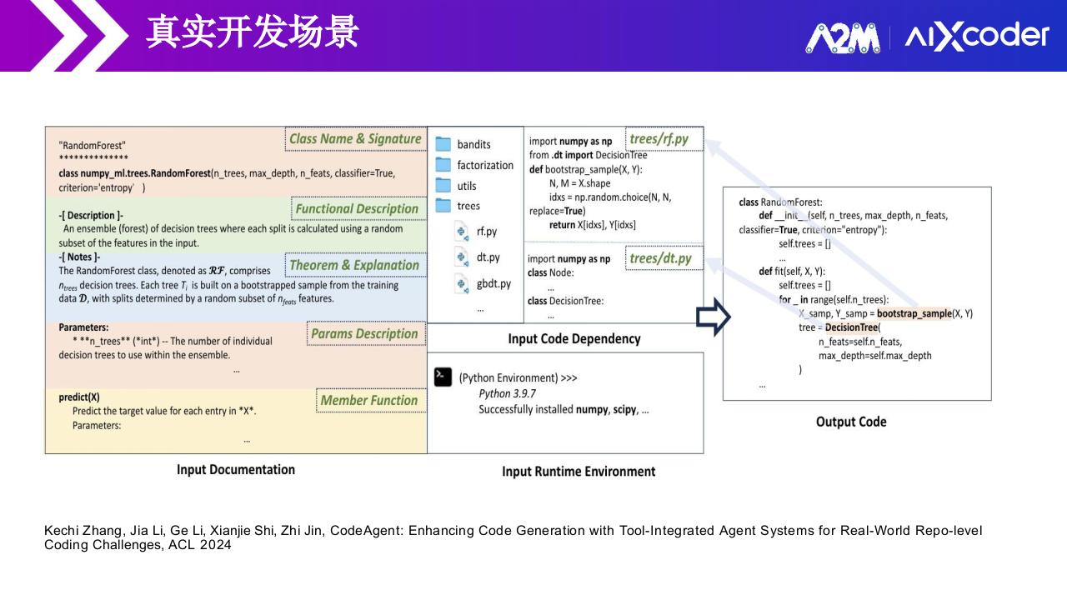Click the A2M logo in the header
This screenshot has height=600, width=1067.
click(x=843, y=37)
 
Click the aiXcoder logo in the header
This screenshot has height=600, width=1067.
click(x=977, y=37)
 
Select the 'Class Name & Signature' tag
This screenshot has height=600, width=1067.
click(x=355, y=139)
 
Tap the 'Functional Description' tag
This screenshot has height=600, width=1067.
click(x=357, y=209)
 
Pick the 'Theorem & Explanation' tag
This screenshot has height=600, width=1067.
click(x=354, y=266)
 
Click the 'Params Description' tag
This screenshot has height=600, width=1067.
click(x=364, y=334)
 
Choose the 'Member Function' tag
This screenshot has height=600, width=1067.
click(x=369, y=401)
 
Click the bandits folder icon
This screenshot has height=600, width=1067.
click(x=443, y=144)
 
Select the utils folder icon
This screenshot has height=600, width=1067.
click(x=443, y=186)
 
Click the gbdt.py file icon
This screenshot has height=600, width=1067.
click(x=463, y=284)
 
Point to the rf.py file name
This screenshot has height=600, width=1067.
click(x=487, y=232)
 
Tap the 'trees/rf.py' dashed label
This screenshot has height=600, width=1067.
click(x=659, y=139)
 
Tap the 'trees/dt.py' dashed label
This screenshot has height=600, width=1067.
click(x=661, y=259)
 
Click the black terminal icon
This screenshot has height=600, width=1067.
click(x=443, y=377)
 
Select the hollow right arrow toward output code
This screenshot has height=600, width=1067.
click(x=713, y=318)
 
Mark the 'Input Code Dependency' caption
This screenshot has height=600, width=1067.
click(x=574, y=339)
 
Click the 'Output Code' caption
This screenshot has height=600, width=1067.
click(x=851, y=422)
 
